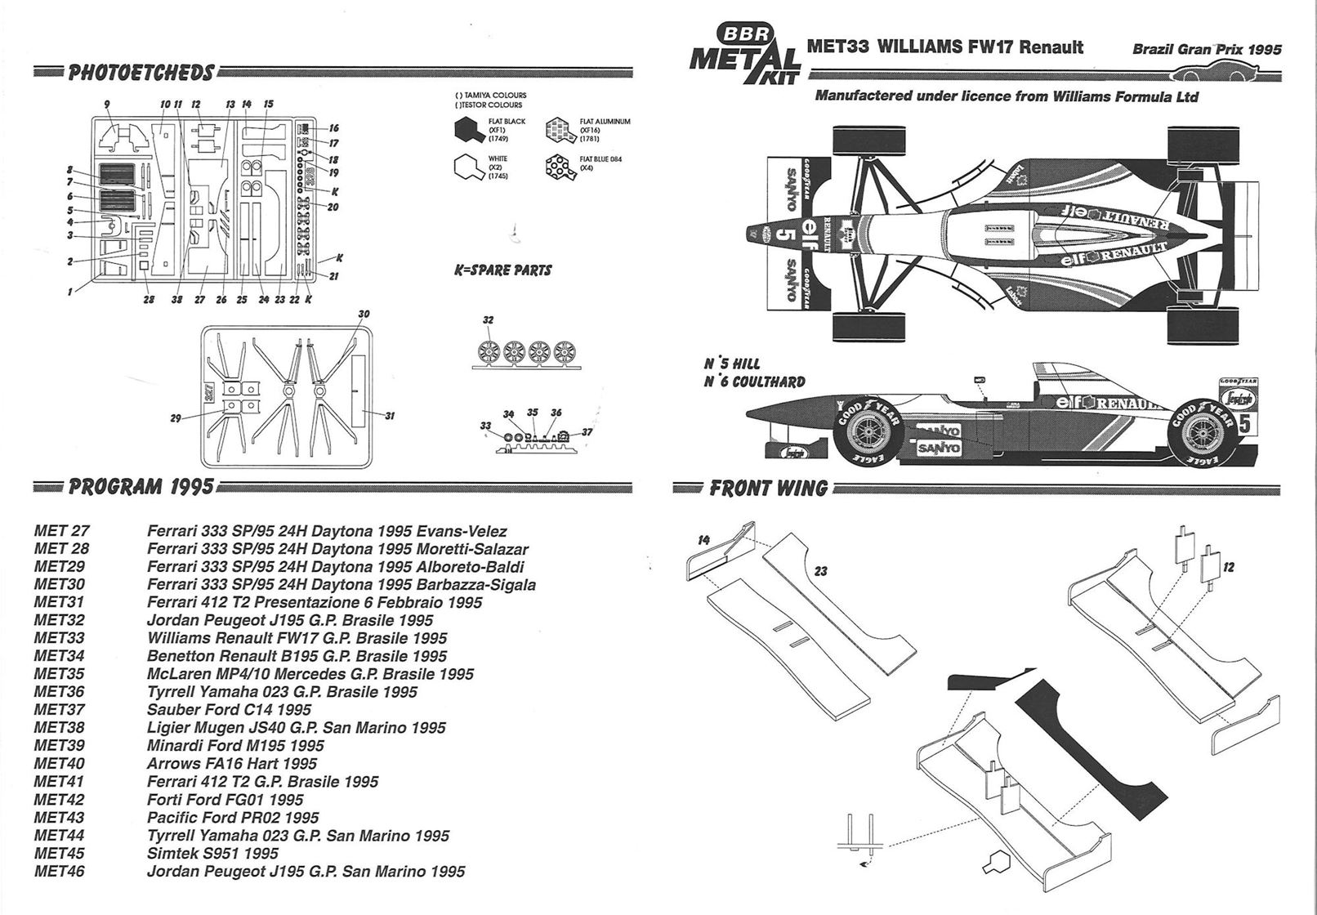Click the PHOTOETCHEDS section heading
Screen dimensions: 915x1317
pyautogui.click(x=141, y=73)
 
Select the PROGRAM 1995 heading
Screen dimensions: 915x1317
pyautogui.click(x=141, y=488)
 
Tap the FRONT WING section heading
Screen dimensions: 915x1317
pyautogui.click(x=768, y=489)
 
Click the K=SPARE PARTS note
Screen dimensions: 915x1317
pyautogui.click(x=503, y=270)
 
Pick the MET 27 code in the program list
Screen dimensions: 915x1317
pyautogui.click(x=62, y=531)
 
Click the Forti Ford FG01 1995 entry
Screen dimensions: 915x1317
pyautogui.click(x=225, y=800)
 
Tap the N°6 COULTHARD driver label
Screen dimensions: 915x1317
pyautogui.click(x=754, y=382)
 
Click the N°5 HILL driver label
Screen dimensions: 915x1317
pyautogui.click(x=732, y=364)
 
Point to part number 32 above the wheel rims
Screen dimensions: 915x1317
pyautogui.click(x=488, y=320)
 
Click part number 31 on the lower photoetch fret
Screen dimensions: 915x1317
pyautogui.click(x=390, y=417)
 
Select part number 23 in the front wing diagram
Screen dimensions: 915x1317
pyautogui.click(x=820, y=571)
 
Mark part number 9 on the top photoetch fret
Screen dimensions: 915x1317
pyautogui.click(x=107, y=105)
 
